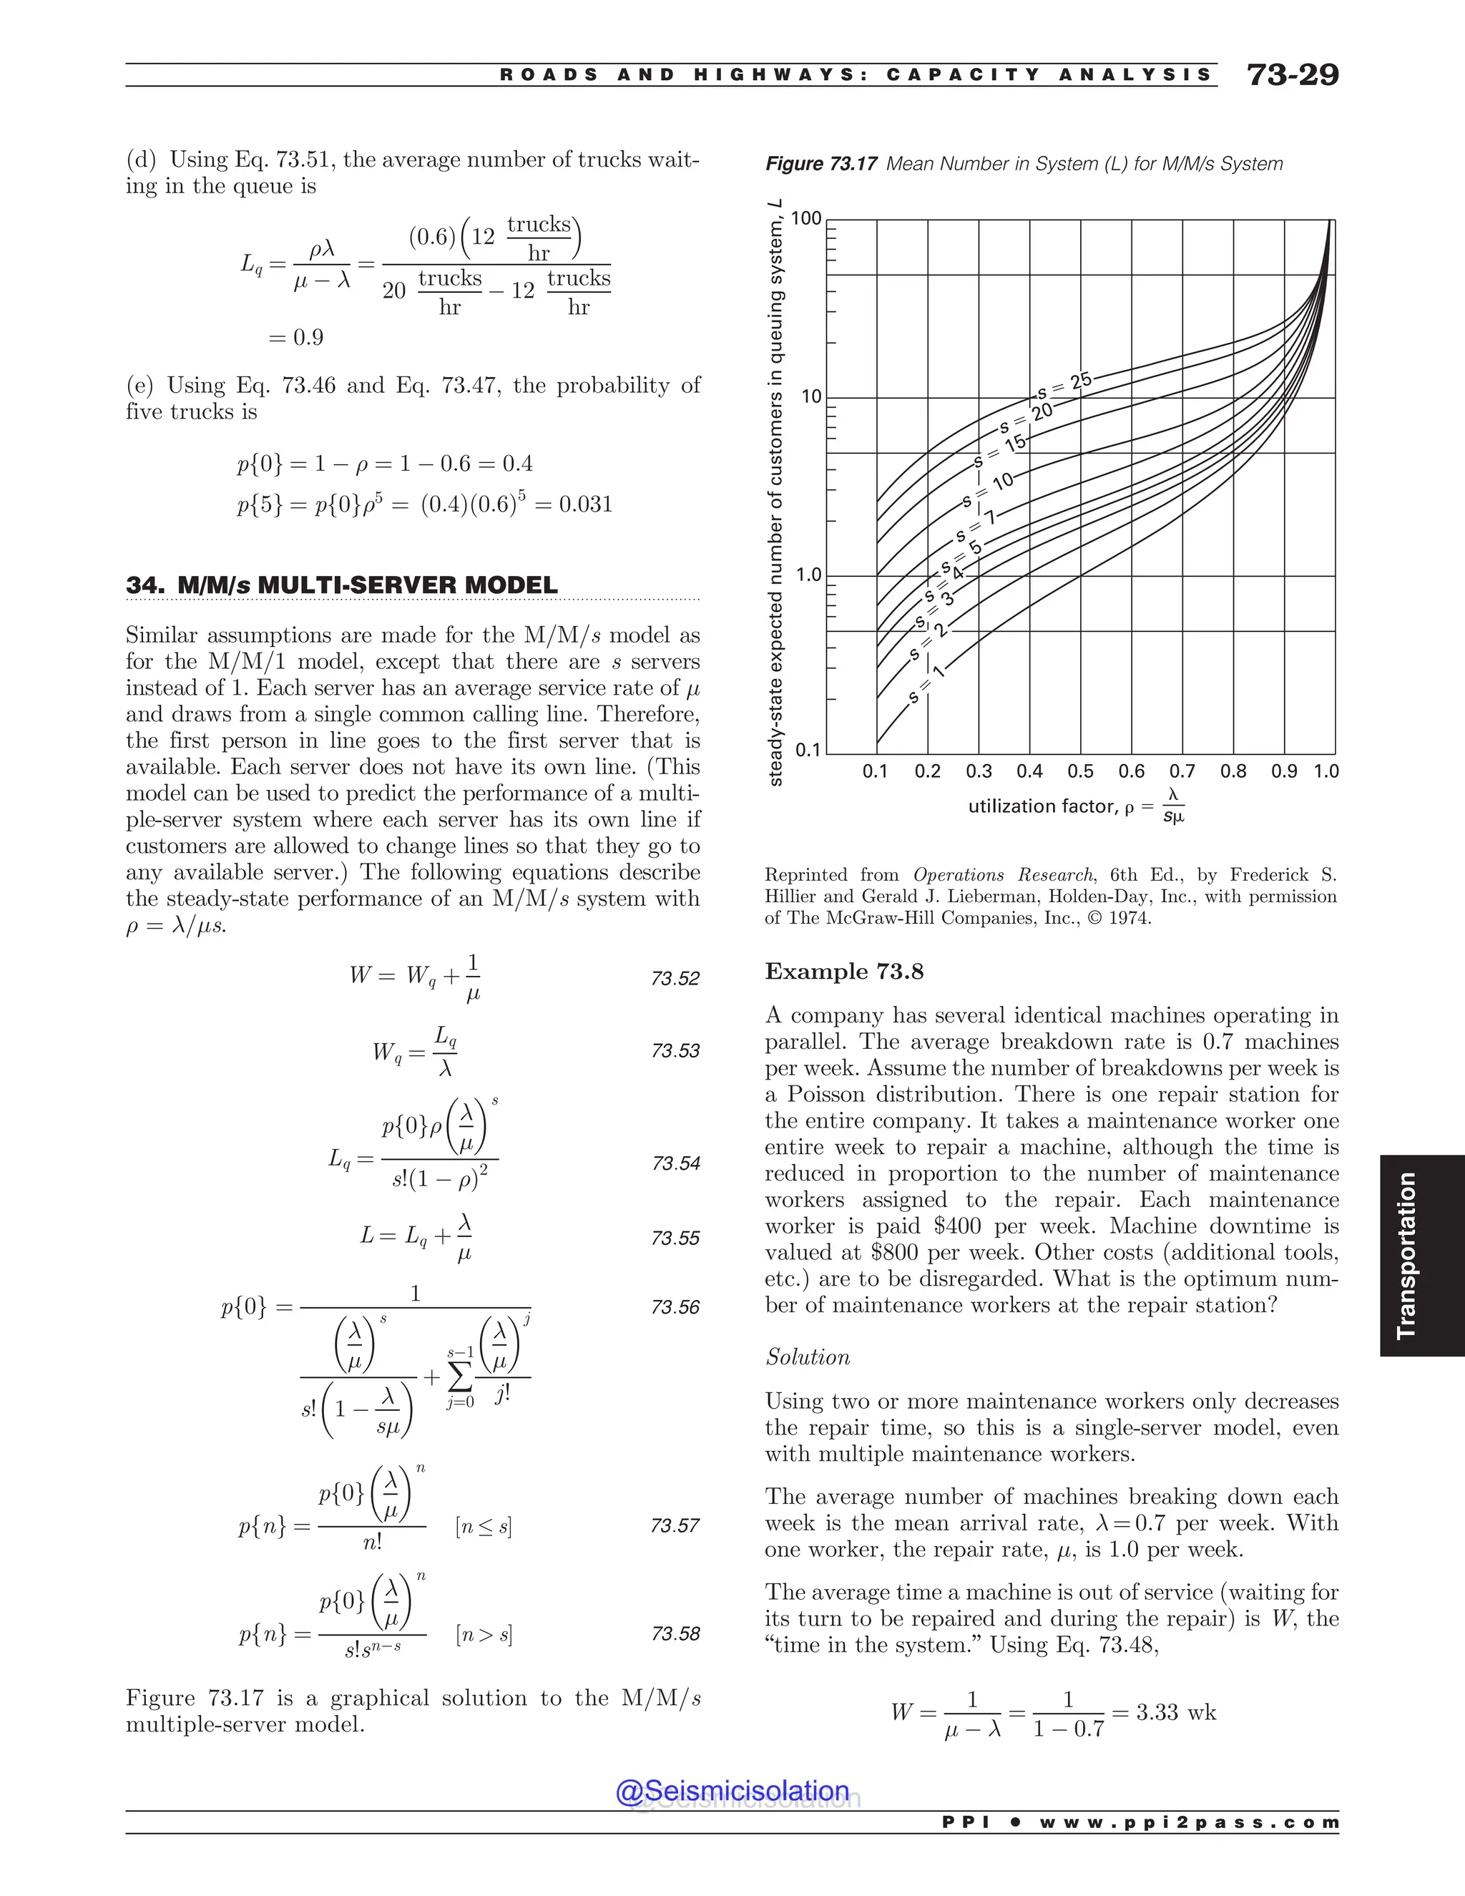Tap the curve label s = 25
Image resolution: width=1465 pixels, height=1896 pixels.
[x=1064, y=386]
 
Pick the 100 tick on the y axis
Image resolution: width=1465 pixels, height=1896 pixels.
[x=806, y=219]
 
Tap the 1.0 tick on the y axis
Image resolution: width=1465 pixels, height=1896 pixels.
[x=809, y=575]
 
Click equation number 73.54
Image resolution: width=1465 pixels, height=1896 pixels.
[x=675, y=1163]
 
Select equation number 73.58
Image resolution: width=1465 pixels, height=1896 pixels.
[x=675, y=1634]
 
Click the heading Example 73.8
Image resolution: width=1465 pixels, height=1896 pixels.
[x=843, y=972]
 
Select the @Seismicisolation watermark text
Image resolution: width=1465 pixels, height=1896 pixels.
[x=732, y=1791]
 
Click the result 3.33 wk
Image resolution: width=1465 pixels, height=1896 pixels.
[x=1175, y=1712]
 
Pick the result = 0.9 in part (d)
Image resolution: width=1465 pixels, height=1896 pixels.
[x=296, y=338]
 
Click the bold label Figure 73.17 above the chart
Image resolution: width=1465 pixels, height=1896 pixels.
[x=820, y=164]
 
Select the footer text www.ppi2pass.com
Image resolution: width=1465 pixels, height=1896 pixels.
[x=1188, y=1822]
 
